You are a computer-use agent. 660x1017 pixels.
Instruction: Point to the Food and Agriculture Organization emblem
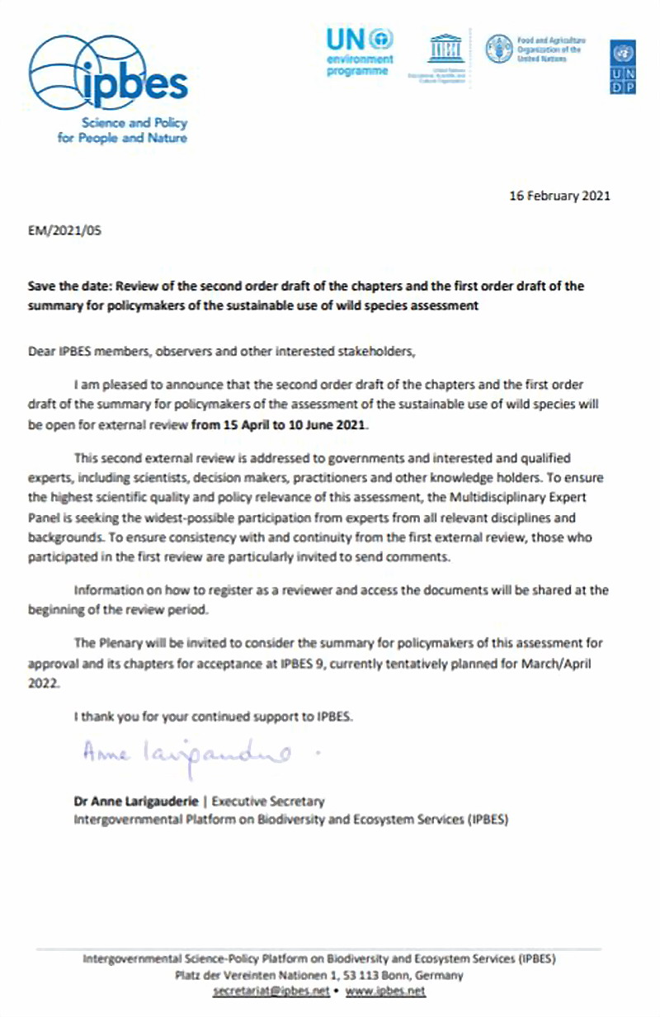pos(497,49)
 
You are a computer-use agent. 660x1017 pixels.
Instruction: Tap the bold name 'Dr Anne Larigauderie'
pos(133,800)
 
